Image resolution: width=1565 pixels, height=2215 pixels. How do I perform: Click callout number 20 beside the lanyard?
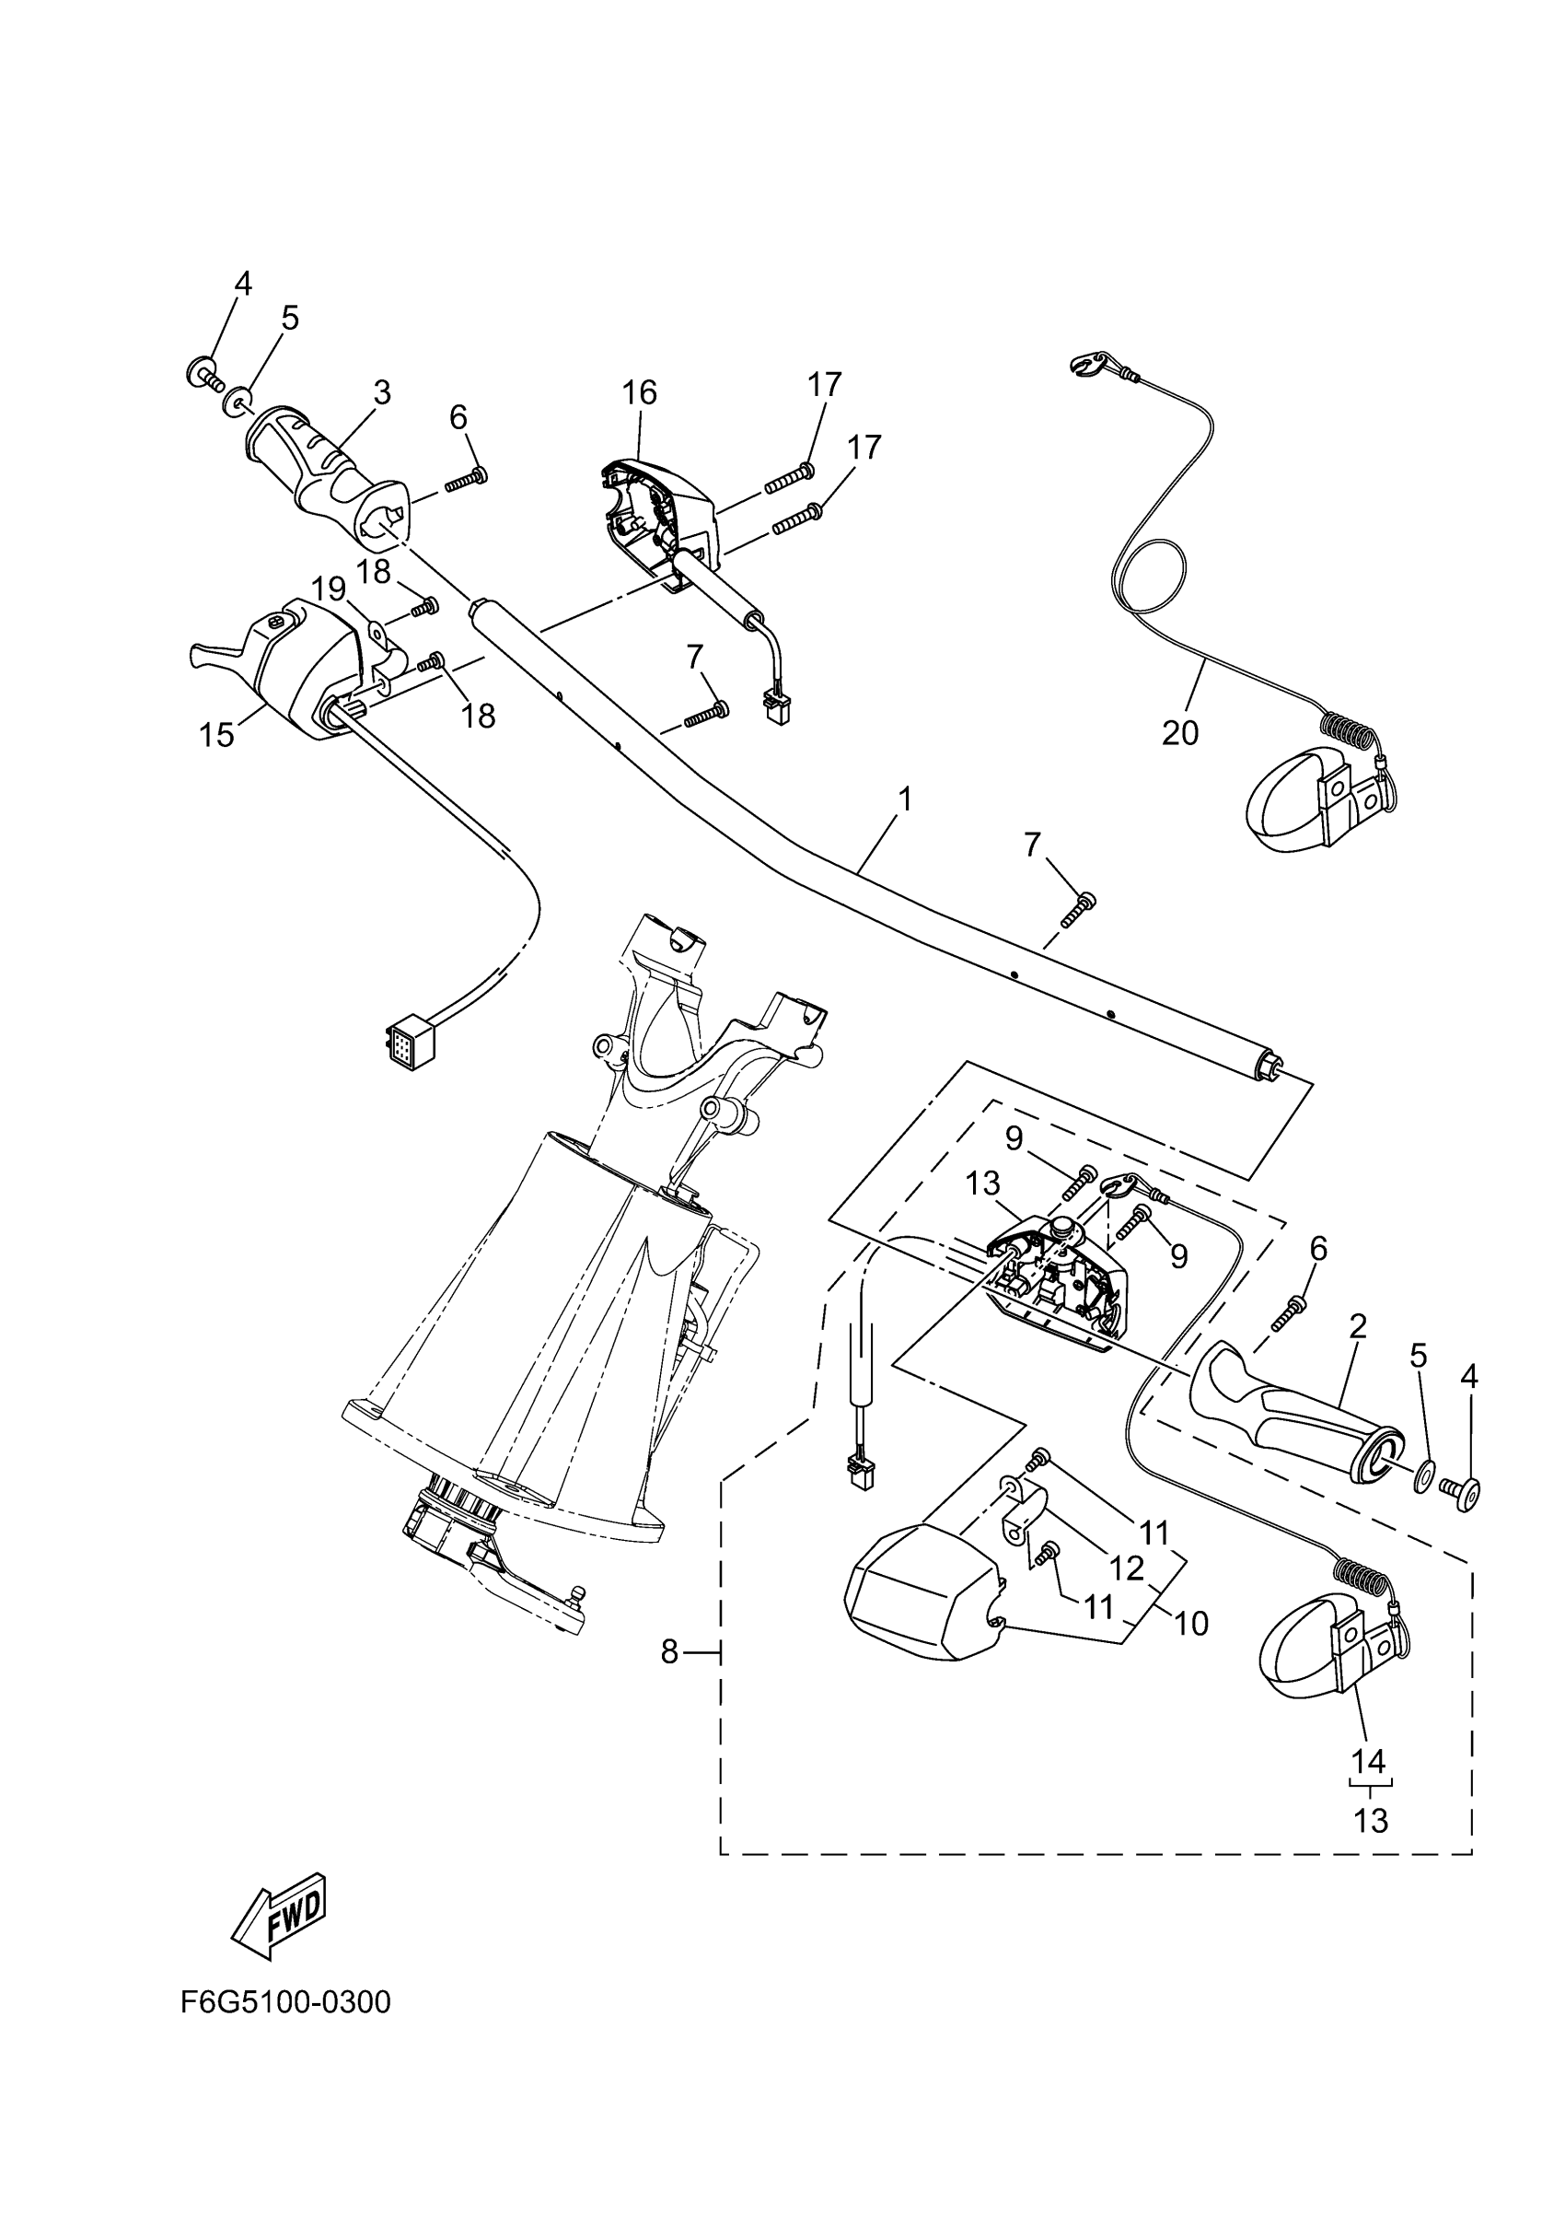(1180, 733)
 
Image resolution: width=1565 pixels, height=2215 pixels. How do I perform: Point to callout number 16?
(639, 392)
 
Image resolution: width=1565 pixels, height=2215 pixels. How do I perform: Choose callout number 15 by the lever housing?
(217, 735)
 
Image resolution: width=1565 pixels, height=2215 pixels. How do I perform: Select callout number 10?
(1192, 1625)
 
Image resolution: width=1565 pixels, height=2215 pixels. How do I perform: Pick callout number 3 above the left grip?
(382, 392)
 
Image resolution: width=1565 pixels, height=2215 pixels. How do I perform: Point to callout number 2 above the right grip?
(1358, 1326)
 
